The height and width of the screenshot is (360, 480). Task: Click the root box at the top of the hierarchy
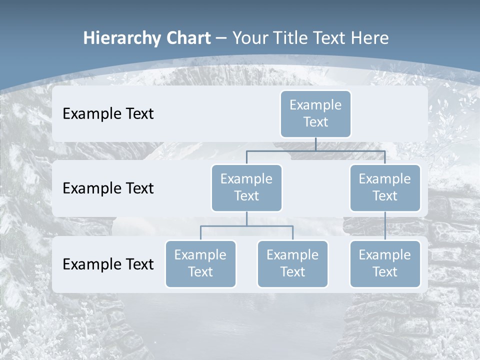315,113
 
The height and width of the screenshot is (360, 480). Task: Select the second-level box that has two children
246,187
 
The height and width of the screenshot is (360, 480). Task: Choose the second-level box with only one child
385,187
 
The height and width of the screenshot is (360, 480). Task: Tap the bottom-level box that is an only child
385,263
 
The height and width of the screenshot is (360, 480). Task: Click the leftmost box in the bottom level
200,263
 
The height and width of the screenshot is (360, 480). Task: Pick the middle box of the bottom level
292,263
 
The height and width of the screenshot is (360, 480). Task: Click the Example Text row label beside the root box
108,114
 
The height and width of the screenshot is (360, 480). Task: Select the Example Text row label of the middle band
108,188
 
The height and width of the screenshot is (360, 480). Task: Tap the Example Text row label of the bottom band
108,264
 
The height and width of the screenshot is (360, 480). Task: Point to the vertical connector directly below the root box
315,144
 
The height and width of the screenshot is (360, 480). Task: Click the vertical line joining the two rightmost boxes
385,226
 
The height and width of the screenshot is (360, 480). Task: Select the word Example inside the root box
315,105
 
